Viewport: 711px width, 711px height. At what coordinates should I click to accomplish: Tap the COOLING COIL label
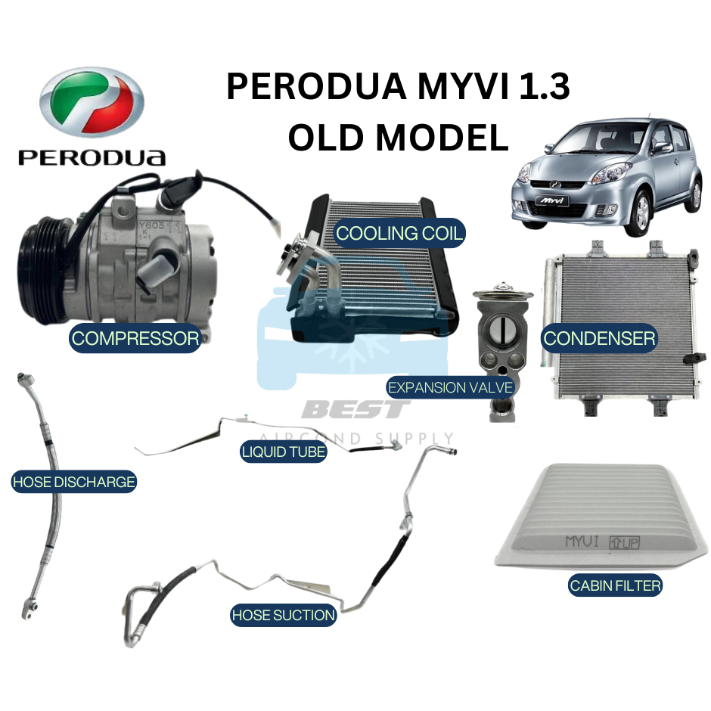pyautogui.click(x=399, y=233)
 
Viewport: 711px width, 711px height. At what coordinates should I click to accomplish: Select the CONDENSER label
pyautogui.click(x=599, y=338)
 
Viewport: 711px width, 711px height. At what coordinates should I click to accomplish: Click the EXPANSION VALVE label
pyautogui.click(x=451, y=388)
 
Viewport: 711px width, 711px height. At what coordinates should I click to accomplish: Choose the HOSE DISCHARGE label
pyautogui.click(x=73, y=481)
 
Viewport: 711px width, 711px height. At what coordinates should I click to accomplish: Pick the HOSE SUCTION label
pyautogui.click(x=283, y=615)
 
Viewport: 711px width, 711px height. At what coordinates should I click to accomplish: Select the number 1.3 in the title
pyautogui.click(x=540, y=89)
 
